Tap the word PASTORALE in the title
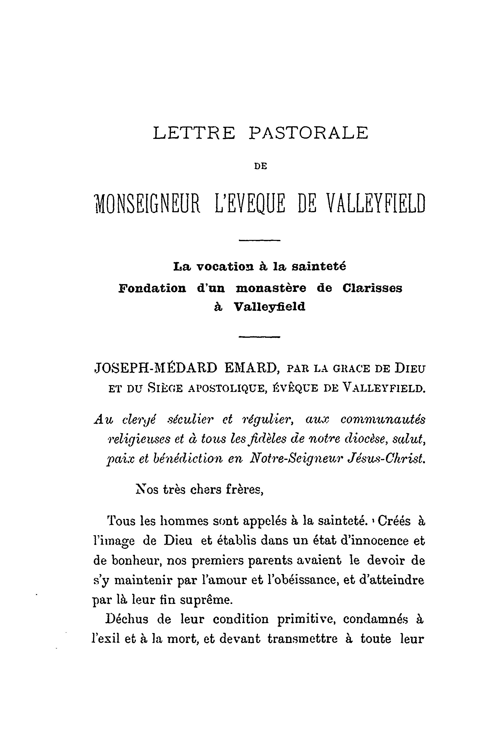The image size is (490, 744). pyautogui.click(x=309, y=133)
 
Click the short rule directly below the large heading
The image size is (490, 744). pyautogui.click(x=259, y=240)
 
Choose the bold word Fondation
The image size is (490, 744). pyautogui.click(x=152, y=288)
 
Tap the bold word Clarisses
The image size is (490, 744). pyautogui.click(x=372, y=288)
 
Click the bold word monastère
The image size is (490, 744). pyautogui.click(x=271, y=288)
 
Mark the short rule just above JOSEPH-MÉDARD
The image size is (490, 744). pyautogui.click(x=259, y=337)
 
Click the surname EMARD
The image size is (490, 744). pyautogui.click(x=251, y=368)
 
